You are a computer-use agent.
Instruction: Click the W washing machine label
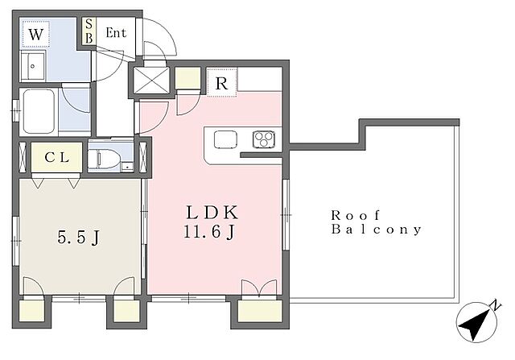(35, 34)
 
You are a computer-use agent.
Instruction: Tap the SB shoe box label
(89, 31)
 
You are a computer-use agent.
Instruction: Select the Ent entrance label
(116, 32)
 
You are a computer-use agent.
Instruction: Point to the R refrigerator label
(222, 84)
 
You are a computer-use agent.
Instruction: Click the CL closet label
(57, 158)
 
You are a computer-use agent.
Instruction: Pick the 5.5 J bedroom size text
(79, 237)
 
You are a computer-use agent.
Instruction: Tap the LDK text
(212, 213)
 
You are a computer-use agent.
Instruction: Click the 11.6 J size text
(209, 232)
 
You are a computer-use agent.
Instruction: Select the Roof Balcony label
(376, 222)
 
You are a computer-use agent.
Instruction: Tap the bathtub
(39, 111)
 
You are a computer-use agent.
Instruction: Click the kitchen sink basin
(225, 139)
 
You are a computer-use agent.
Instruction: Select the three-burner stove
(264, 139)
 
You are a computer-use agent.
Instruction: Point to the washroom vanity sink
(32, 66)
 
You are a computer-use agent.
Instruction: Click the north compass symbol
(476, 323)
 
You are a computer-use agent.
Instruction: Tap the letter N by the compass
(496, 307)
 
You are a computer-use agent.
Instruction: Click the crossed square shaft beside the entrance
(151, 81)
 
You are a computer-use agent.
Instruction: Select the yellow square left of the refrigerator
(187, 78)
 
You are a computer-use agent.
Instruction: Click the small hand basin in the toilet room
(127, 167)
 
